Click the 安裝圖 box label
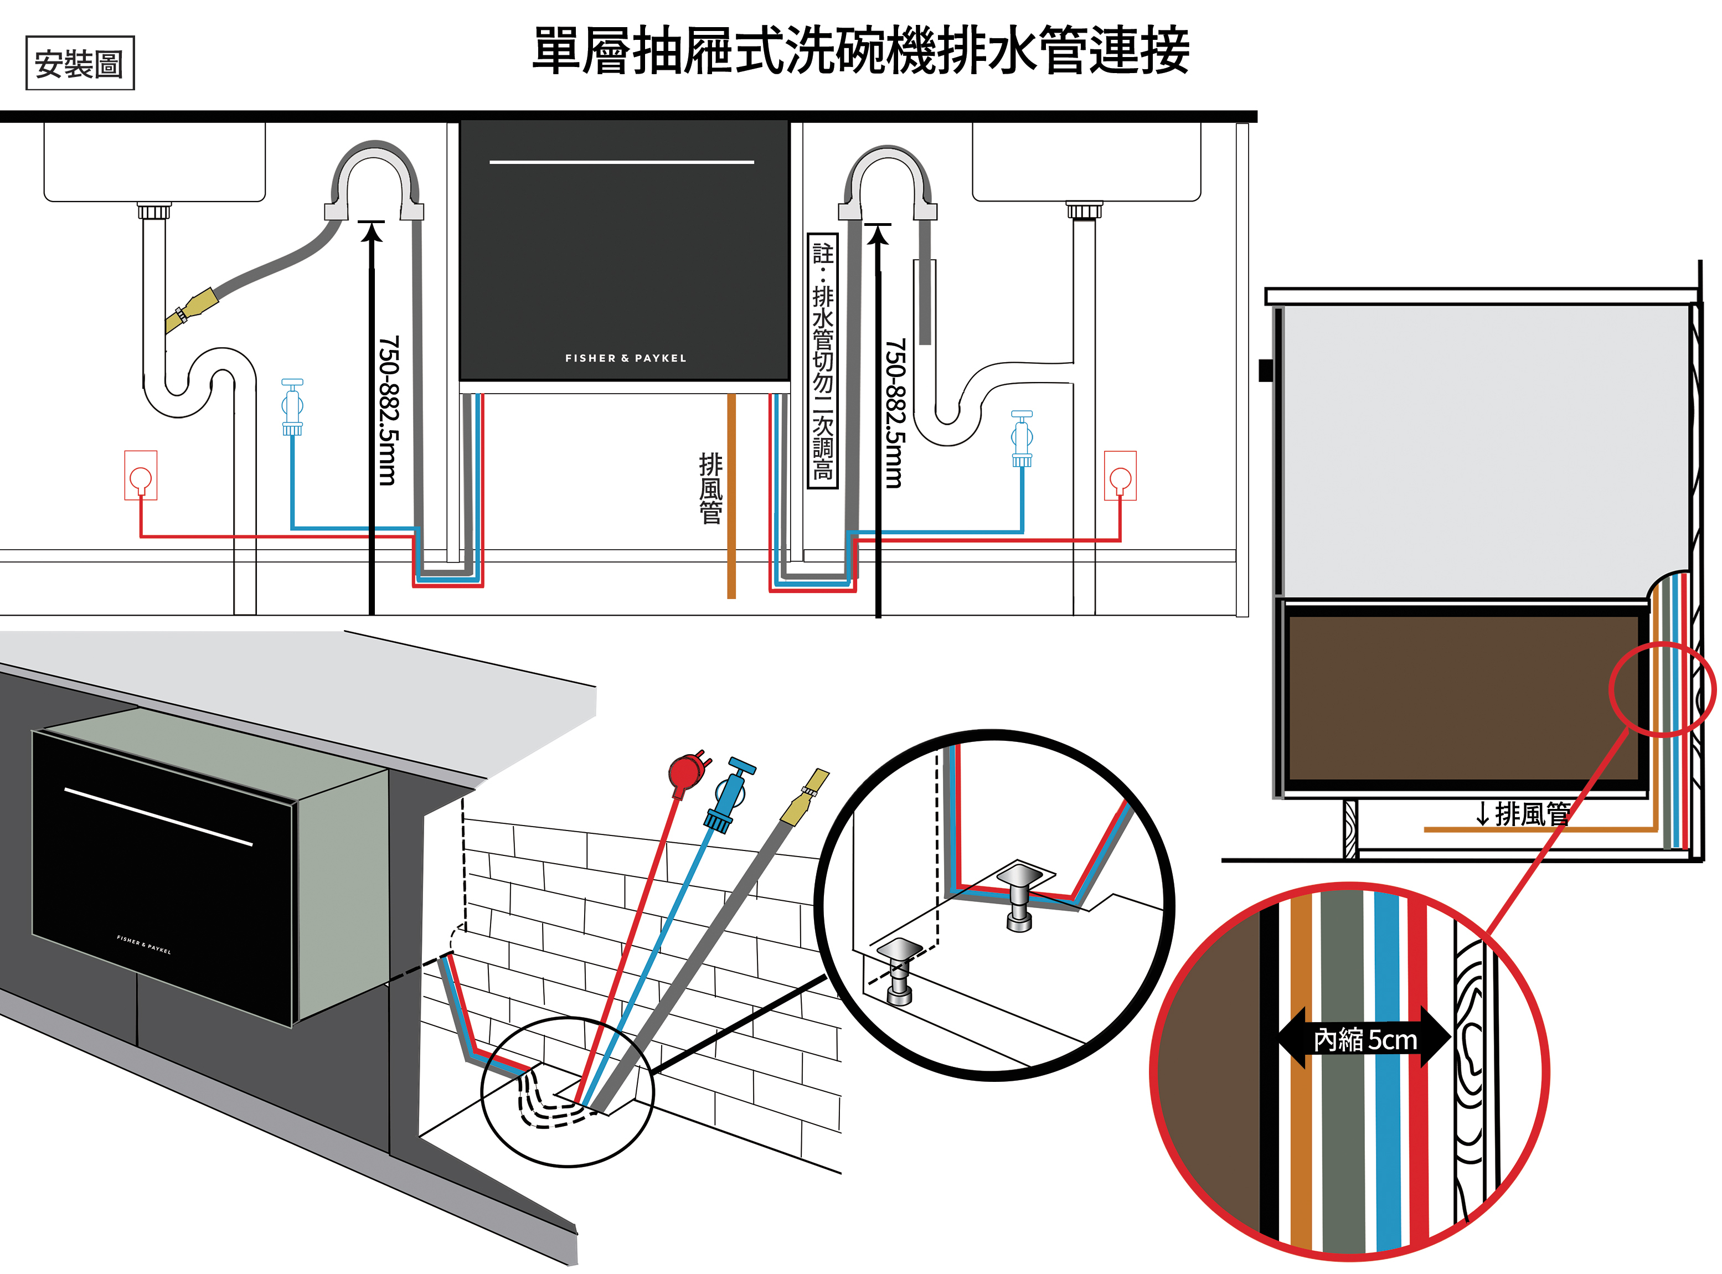(x=79, y=63)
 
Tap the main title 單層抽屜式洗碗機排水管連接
(x=860, y=51)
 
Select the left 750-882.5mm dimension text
(x=389, y=410)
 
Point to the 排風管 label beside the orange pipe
(x=710, y=488)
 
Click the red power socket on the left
(x=140, y=476)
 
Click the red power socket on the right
(x=1120, y=476)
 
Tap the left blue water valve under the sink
(x=292, y=407)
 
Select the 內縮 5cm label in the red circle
(x=1364, y=1040)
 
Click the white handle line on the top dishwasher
(x=622, y=162)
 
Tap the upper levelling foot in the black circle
(x=1020, y=895)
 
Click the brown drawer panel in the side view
(x=1461, y=698)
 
